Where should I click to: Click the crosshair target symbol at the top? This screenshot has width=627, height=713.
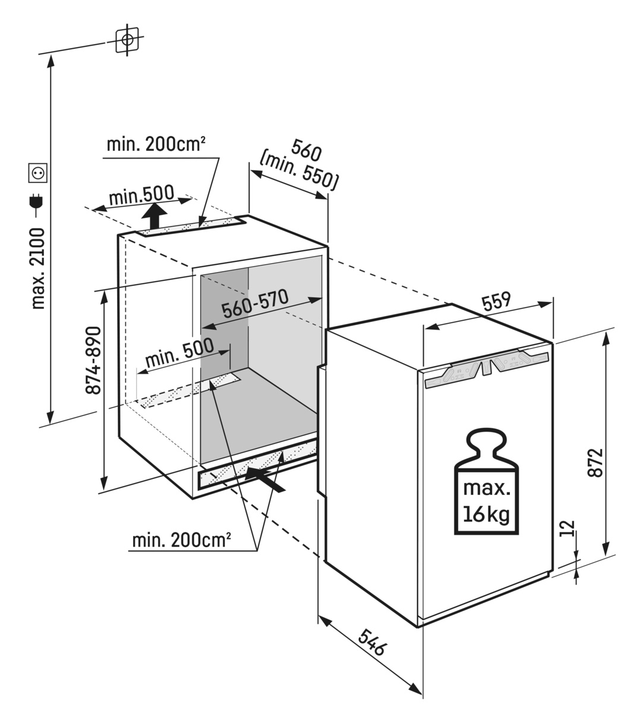pyautogui.click(x=127, y=40)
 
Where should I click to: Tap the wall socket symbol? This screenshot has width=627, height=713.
pyautogui.click(x=38, y=173)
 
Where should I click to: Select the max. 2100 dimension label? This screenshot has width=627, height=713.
pyautogui.click(x=39, y=267)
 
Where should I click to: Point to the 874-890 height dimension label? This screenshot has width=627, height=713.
pyautogui.click(x=93, y=359)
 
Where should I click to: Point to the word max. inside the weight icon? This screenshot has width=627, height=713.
pyautogui.click(x=486, y=489)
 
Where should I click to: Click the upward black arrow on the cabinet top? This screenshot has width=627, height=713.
pyautogui.click(x=155, y=215)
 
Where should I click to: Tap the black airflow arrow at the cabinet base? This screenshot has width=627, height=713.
pyautogui.click(x=264, y=478)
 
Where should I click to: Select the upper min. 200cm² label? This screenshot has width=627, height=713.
pyautogui.click(x=156, y=144)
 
